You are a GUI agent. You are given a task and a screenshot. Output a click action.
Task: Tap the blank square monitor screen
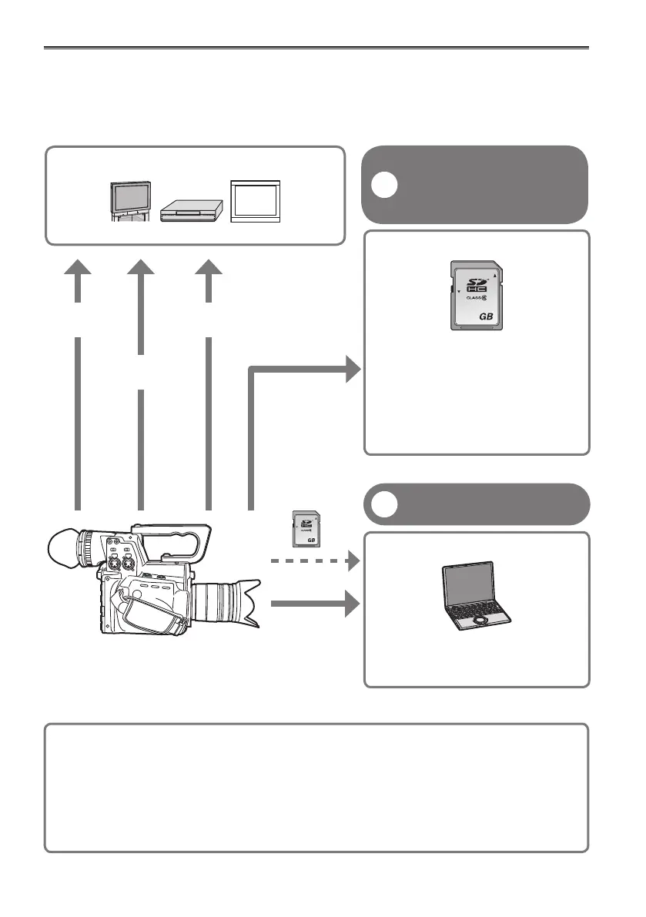(x=256, y=200)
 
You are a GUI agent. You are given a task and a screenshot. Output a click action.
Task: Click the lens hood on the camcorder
(x=246, y=601)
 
